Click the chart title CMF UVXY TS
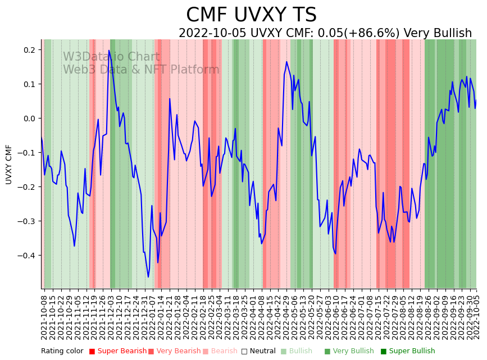[x=251, y=15]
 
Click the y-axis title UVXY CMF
[x=9, y=164]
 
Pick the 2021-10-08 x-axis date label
[x=44, y=315]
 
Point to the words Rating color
[x=62, y=351]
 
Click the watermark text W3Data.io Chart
[x=111, y=57]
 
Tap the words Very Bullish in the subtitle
[x=438, y=33]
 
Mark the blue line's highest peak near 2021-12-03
[x=109, y=51]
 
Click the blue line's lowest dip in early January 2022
[x=148, y=277]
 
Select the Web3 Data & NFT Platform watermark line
[x=141, y=70]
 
